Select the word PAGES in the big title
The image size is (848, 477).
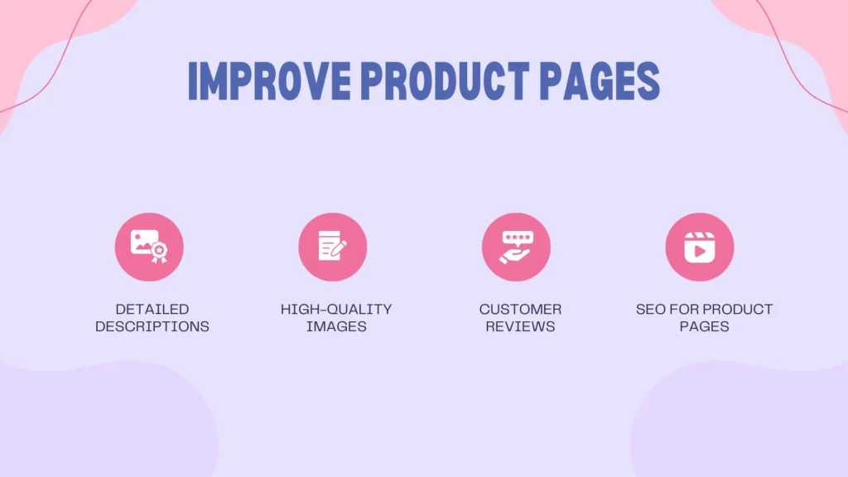pyautogui.click(x=600, y=80)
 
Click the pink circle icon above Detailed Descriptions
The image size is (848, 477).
pyautogui.click(x=149, y=247)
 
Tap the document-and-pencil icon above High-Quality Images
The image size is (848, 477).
pyautogui.click(x=333, y=247)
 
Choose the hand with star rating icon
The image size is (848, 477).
pyautogui.click(x=516, y=247)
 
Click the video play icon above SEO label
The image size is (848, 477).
pyautogui.click(x=700, y=247)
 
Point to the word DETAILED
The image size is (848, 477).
pyautogui.click(x=152, y=309)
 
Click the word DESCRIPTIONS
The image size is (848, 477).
pyautogui.click(x=152, y=326)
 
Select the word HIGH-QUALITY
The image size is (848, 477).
pyautogui.click(x=336, y=309)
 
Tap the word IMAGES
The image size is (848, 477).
pyautogui.click(x=336, y=326)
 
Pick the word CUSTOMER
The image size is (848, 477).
pyautogui.click(x=520, y=309)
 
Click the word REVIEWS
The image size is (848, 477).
pyautogui.click(x=520, y=326)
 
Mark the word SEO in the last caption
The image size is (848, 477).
pyautogui.click(x=650, y=309)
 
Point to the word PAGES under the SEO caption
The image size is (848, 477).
pyautogui.click(x=704, y=326)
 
